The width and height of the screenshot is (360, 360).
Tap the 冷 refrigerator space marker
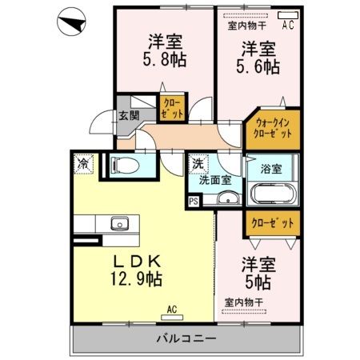click(x=83, y=163)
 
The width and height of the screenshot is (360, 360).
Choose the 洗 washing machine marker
click(x=197, y=164)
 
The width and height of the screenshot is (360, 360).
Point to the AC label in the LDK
click(x=171, y=308)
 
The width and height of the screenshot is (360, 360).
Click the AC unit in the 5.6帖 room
click(x=285, y=15)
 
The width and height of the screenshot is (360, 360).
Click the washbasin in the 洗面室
click(x=228, y=200)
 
